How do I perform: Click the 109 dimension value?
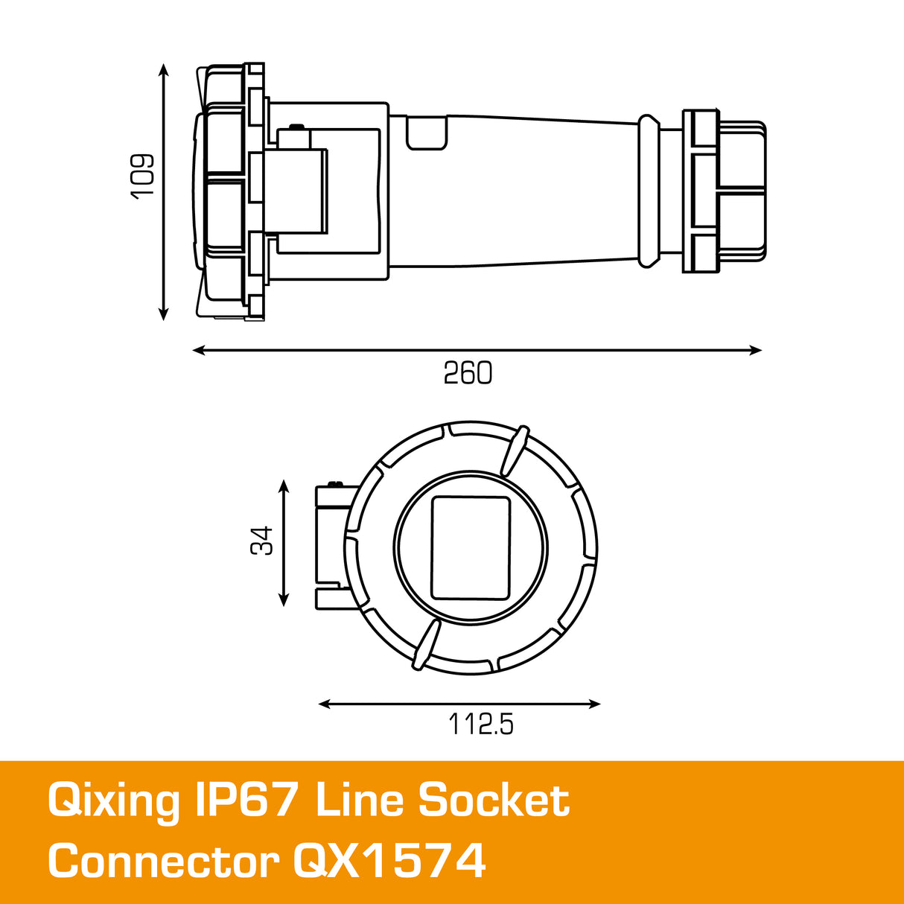point(141,176)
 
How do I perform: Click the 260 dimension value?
point(468,373)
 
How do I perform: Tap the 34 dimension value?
point(261,541)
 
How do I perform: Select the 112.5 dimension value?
point(480,724)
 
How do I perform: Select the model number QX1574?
point(389,862)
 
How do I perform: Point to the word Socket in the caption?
point(494,800)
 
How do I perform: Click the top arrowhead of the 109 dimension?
point(164,69)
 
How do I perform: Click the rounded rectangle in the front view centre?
point(471,548)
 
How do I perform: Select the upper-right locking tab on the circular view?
point(514,451)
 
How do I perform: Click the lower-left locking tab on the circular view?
point(426,646)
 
